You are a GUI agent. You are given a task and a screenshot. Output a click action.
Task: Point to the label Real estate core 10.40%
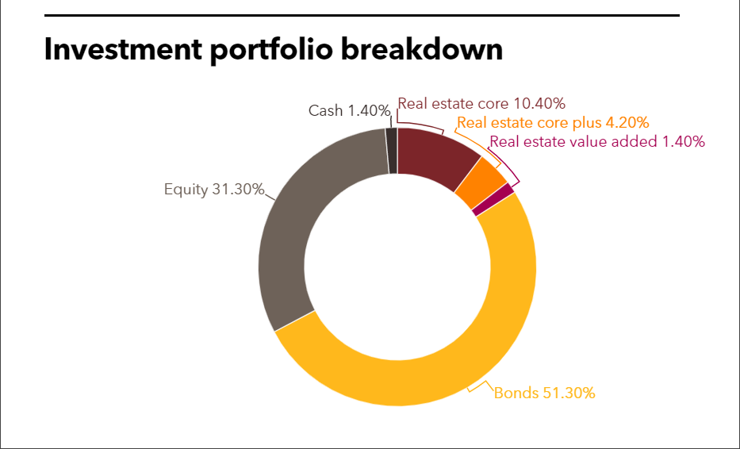coord(481,104)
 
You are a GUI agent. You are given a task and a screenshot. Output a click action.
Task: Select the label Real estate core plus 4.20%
coord(553,123)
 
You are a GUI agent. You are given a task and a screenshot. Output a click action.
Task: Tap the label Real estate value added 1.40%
coord(597,142)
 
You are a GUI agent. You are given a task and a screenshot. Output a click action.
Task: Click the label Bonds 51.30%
coord(544,393)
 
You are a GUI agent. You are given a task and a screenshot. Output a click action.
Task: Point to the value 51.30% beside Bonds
coord(568,393)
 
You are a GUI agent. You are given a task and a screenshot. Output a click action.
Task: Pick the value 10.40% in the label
coord(539,104)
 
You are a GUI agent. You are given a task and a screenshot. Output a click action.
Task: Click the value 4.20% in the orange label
coord(627,123)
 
